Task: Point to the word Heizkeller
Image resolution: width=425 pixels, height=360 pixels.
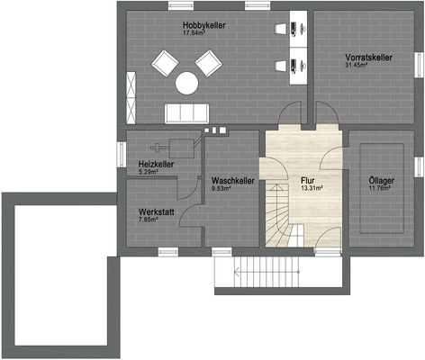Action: coord(156,165)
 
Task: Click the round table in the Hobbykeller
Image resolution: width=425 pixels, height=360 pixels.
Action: coord(186,83)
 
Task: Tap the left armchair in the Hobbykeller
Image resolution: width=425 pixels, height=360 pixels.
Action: coord(165,62)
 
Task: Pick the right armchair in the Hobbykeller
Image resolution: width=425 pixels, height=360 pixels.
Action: coord(209,62)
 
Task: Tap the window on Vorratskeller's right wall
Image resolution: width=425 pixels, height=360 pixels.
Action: coord(417,61)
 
